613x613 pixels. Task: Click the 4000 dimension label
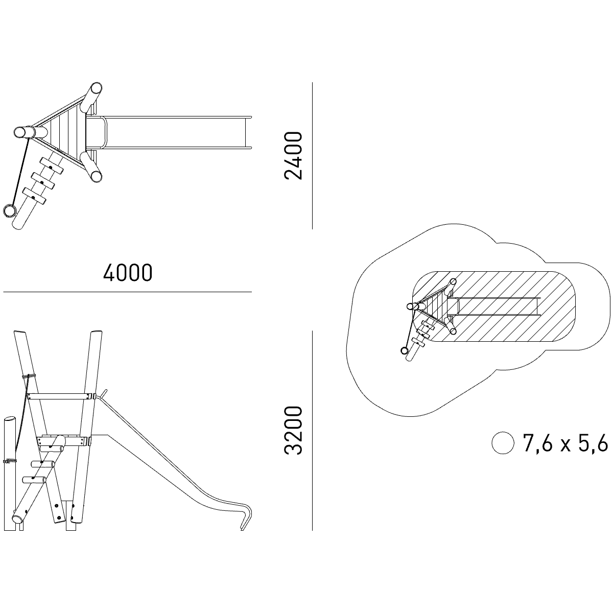(128, 273)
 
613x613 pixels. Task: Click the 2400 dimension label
(293, 156)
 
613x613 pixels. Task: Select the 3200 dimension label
(293, 431)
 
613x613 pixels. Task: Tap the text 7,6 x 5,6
(565, 442)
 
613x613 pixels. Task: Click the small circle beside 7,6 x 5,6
(503, 442)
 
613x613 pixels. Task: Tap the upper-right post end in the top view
(96, 88)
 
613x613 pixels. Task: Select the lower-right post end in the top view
(96, 176)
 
